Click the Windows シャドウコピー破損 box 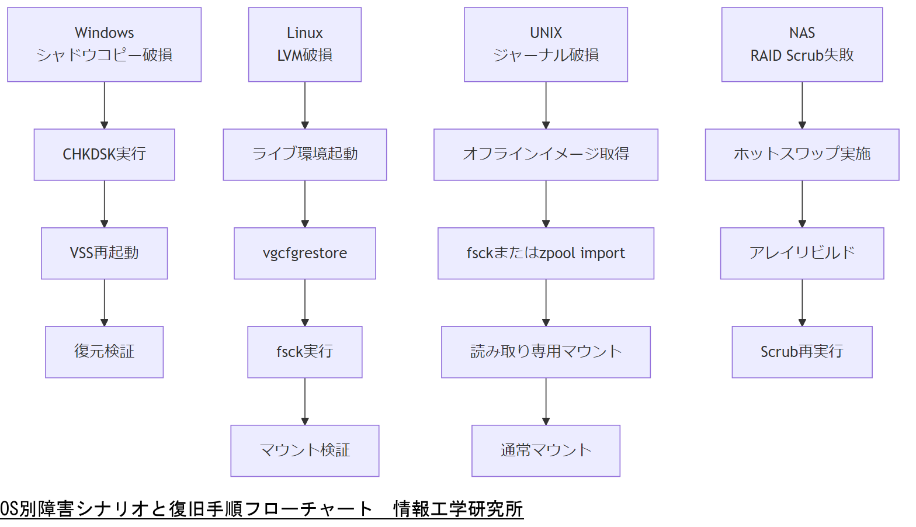pos(104,44)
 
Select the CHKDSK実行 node pos(104,154)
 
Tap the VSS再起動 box pos(104,253)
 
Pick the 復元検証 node pos(104,352)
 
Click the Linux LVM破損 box pos(304,44)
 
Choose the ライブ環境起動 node pos(304,154)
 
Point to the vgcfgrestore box pos(304,253)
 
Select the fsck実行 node pos(304,352)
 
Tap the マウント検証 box pos(304,450)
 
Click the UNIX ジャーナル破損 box pos(546,44)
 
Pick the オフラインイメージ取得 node pos(546,154)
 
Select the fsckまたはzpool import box pos(546,253)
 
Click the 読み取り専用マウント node pos(546,352)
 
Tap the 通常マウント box pos(546,450)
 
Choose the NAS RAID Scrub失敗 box pos(801,44)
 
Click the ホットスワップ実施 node pos(801,154)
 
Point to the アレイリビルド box pos(801,253)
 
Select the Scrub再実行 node pos(801,352)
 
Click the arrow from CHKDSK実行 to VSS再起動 pos(104,203)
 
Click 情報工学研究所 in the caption pos(458,509)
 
